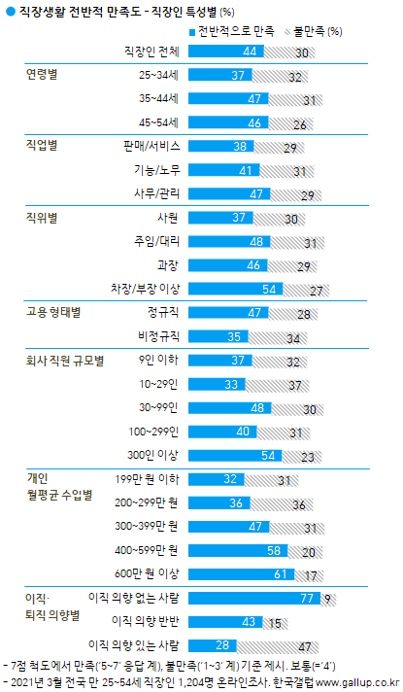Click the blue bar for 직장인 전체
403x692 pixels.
tap(222, 52)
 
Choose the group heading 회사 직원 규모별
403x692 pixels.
tap(68, 360)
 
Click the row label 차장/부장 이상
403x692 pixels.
tap(145, 289)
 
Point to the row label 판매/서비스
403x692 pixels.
tap(150, 146)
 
